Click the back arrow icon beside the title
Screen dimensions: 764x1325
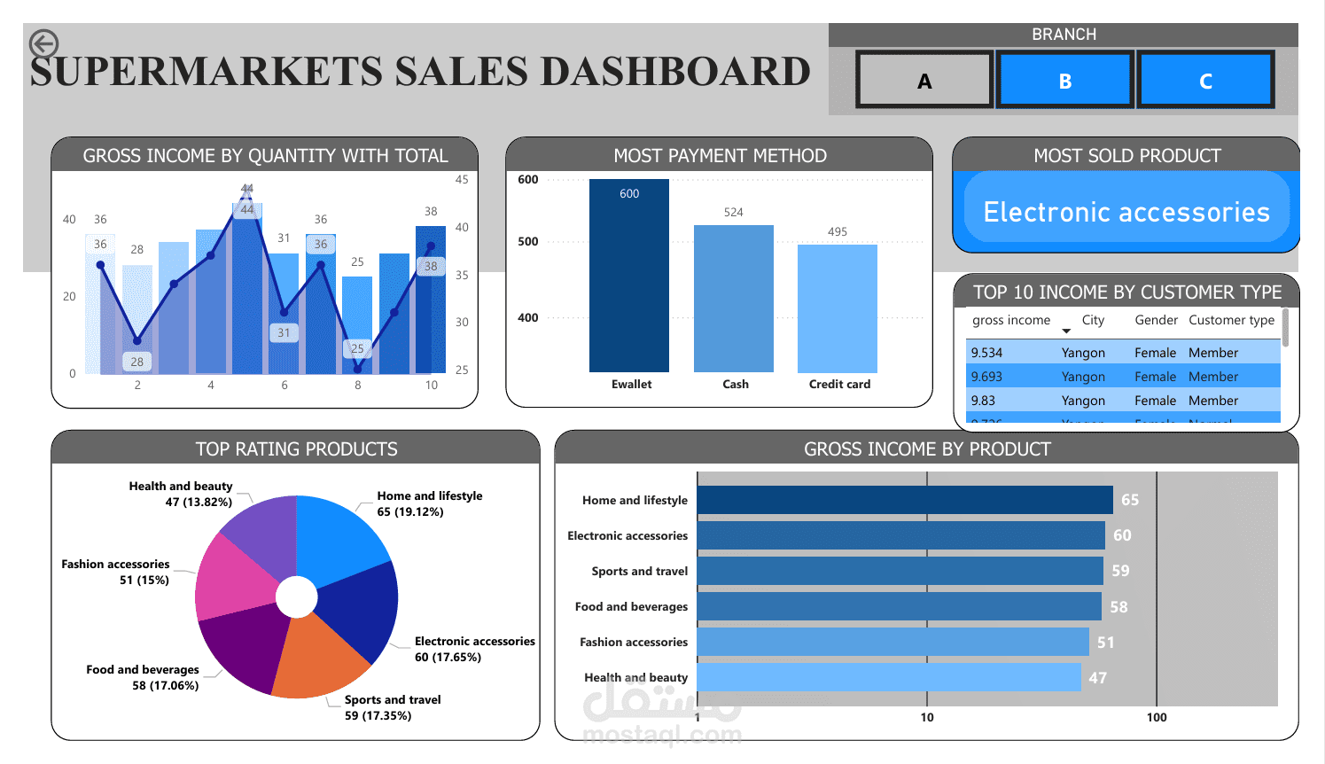tap(43, 43)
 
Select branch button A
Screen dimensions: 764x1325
tap(924, 81)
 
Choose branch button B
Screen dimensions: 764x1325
tap(1064, 81)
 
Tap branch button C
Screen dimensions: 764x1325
tap(1205, 81)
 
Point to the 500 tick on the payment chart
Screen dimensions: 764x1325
tap(528, 241)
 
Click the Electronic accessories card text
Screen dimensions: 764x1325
tap(1126, 212)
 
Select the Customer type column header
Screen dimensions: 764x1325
tap(1231, 320)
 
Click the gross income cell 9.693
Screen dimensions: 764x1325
tap(986, 377)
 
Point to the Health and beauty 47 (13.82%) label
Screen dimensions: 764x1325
tap(181, 494)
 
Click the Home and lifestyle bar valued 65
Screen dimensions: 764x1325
tap(904, 500)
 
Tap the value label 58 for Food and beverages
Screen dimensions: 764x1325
tap(1118, 607)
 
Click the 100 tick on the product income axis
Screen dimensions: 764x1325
tap(1157, 717)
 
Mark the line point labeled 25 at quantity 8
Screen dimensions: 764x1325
tap(358, 369)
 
